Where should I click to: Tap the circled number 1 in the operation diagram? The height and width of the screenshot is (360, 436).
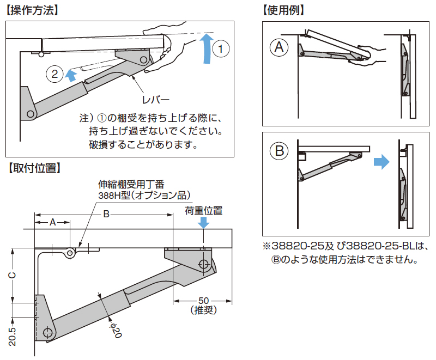220,48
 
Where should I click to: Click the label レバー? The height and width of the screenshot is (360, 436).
155,100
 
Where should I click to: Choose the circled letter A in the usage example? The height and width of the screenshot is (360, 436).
280,48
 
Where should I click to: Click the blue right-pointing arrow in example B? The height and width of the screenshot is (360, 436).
382,161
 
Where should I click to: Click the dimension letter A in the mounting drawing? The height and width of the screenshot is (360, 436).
52,222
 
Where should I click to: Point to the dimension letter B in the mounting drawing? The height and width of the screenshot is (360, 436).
107,215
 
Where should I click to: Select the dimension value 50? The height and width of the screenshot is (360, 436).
204,301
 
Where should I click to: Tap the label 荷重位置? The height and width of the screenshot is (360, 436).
204,210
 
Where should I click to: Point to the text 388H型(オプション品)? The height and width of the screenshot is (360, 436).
143,194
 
